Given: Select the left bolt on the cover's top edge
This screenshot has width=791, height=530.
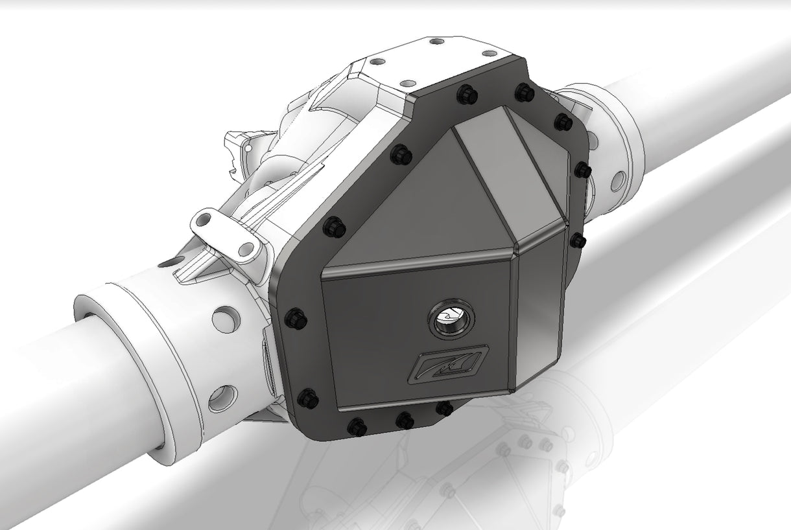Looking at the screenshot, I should click(x=466, y=95).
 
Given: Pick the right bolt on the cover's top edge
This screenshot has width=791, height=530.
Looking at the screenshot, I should click(x=524, y=93).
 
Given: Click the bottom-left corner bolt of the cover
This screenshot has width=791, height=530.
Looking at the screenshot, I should click(x=309, y=397).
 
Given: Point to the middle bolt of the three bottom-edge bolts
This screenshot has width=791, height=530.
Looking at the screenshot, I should click(x=404, y=420).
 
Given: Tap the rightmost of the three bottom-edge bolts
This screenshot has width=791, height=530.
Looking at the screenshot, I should click(x=443, y=408).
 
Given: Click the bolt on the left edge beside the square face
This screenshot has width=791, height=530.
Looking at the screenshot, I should click(x=296, y=317).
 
